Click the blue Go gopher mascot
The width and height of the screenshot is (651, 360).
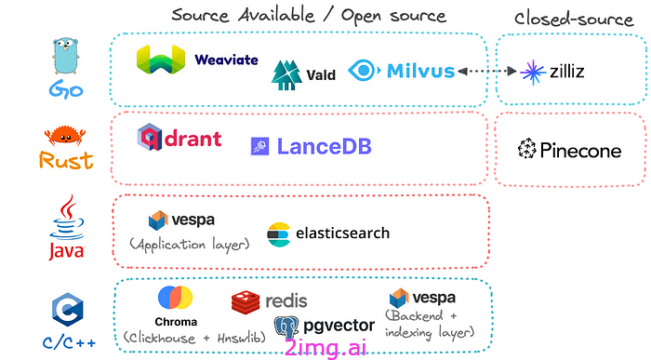click(66, 56)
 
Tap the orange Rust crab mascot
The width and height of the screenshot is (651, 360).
click(65, 136)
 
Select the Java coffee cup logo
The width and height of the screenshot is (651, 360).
click(66, 217)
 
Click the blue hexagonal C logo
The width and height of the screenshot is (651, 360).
click(67, 310)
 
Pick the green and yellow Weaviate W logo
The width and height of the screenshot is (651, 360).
click(161, 60)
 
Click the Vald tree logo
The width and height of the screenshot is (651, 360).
click(286, 75)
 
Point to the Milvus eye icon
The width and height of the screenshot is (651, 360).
click(365, 70)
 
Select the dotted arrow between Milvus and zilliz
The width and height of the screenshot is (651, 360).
click(487, 72)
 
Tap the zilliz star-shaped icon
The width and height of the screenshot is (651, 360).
click(533, 73)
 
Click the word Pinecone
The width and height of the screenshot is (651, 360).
click(580, 151)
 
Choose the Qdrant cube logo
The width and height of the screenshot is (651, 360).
click(150, 137)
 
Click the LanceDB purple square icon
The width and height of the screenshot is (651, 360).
click(259, 147)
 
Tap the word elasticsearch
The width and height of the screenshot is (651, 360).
click(342, 233)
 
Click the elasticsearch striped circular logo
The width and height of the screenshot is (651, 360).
click(279, 234)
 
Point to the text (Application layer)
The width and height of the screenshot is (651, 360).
click(190, 244)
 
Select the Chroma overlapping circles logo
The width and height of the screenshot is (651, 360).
click(175, 298)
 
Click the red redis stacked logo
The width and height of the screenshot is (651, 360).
click(246, 302)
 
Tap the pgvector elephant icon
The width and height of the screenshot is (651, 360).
click(286, 327)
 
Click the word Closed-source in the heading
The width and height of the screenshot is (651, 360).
click(574, 20)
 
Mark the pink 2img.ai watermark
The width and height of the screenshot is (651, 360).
click(325, 348)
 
